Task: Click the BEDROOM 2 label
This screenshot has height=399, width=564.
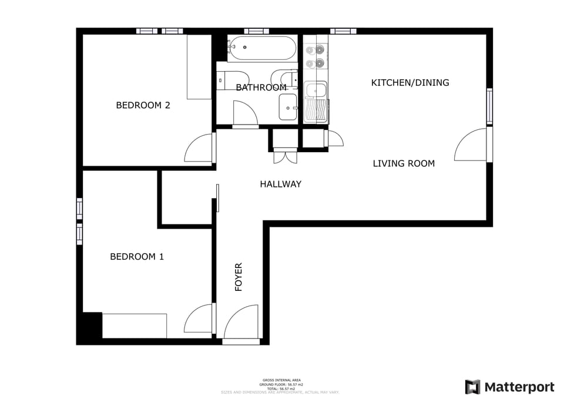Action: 143,105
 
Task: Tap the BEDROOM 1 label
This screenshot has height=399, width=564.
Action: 137,256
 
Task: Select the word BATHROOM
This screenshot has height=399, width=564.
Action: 261,88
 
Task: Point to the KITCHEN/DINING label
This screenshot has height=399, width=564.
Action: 409,82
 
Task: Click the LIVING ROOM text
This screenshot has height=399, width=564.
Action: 404,163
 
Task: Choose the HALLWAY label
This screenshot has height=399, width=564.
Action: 280,184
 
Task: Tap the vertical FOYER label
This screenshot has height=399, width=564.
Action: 239,277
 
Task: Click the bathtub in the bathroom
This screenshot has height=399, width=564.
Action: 262,48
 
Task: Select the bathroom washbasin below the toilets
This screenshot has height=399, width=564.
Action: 288,108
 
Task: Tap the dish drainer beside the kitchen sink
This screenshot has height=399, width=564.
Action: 316,111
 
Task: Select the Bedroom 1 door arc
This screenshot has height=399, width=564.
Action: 199,319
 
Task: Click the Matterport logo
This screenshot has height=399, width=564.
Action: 509,387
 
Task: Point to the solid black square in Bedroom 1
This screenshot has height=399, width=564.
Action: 92,326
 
